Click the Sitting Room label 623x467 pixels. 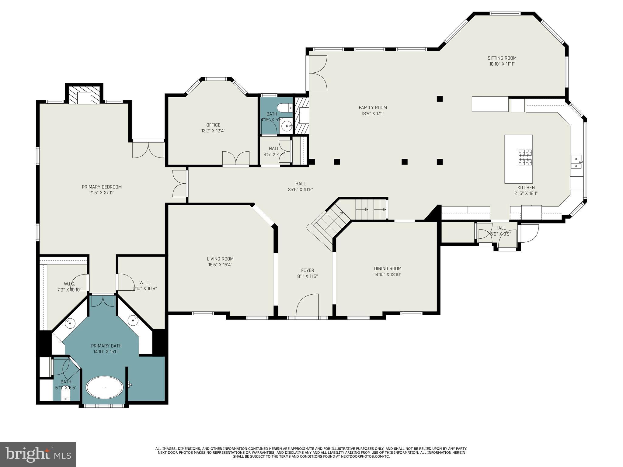coord(502,58)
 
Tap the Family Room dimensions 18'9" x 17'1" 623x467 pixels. coord(373,113)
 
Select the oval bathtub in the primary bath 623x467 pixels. coord(105,387)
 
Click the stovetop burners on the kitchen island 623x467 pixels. coord(525,157)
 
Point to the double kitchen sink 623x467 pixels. coord(576,162)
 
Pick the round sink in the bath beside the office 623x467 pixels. coord(286,125)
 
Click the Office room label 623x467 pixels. coord(213,125)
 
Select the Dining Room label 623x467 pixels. coord(388,268)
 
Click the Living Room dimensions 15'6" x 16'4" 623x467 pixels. coord(220,265)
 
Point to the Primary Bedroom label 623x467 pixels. coord(102,187)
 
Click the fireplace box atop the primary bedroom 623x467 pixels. coord(84,96)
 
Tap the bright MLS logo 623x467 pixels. coord(38,454)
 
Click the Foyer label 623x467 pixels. coord(307,270)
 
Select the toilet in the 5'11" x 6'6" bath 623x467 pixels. coord(65,395)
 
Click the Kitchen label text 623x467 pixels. coord(526,188)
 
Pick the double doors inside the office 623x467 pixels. coord(236,158)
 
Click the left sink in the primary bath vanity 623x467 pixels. coord(70,323)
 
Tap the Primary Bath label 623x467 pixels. coord(106,346)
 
